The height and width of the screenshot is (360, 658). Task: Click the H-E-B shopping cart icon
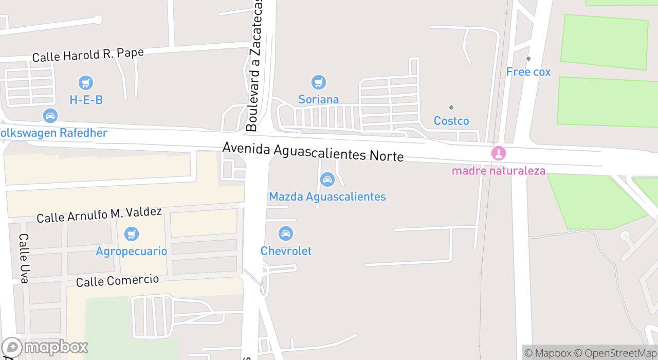click(86, 82)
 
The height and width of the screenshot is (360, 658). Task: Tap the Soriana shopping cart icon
click(319, 82)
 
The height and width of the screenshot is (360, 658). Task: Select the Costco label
click(451, 121)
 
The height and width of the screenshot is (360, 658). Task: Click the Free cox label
click(528, 72)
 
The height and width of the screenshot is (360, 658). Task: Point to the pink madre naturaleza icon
click(498, 153)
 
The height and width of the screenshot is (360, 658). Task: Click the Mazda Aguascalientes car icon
click(327, 179)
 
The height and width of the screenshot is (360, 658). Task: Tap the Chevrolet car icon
click(286, 234)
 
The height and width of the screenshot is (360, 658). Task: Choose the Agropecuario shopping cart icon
click(132, 234)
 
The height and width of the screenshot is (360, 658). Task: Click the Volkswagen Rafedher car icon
click(50, 116)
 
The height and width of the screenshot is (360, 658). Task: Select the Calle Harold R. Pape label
click(88, 55)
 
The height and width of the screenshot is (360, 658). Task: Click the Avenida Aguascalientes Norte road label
click(313, 152)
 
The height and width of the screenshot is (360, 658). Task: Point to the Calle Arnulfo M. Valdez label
click(99, 214)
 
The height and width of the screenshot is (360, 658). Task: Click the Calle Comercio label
click(117, 281)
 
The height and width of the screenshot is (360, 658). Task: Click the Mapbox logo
click(45, 348)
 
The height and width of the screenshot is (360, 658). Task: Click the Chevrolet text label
click(286, 251)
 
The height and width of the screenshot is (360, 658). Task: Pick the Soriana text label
click(319, 100)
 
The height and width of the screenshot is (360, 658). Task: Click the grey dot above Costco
click(451, 107)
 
